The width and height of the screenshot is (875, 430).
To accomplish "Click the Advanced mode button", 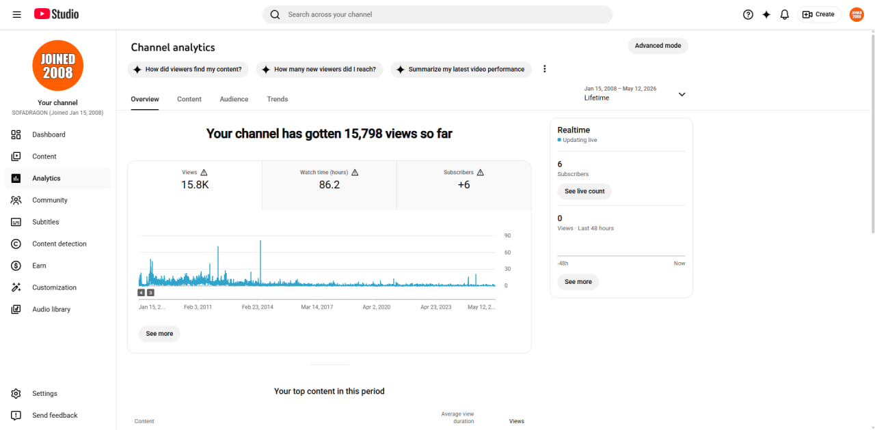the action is point(658,46).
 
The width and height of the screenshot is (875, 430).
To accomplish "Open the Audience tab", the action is point(234,99).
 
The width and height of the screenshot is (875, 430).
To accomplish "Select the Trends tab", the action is point(278,99).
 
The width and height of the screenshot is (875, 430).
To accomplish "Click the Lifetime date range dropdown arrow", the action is point(682,94).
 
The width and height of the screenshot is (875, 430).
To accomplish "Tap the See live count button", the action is point(584,191).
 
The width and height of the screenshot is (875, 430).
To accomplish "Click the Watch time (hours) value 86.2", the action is point(329,184).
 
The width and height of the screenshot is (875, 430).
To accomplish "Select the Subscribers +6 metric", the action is point(463,184).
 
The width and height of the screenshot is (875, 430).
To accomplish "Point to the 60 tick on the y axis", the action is point(507,253).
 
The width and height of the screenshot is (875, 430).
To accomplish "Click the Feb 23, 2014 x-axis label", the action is point(258,307).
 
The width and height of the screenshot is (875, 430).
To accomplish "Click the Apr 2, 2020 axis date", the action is point(376,307).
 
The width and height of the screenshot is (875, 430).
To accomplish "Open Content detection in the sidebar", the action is point(58,244).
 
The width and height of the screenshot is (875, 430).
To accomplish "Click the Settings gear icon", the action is point(16,393).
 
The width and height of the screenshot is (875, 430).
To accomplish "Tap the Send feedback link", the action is point(55,415).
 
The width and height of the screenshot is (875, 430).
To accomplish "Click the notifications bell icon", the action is point(784,14).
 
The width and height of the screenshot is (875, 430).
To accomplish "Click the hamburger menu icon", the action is point(17,14).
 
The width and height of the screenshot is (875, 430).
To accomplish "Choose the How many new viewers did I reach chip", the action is point(319,70).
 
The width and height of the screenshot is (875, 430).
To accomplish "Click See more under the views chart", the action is point(159,334).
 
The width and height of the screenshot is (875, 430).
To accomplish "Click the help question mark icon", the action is point(748,14).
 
